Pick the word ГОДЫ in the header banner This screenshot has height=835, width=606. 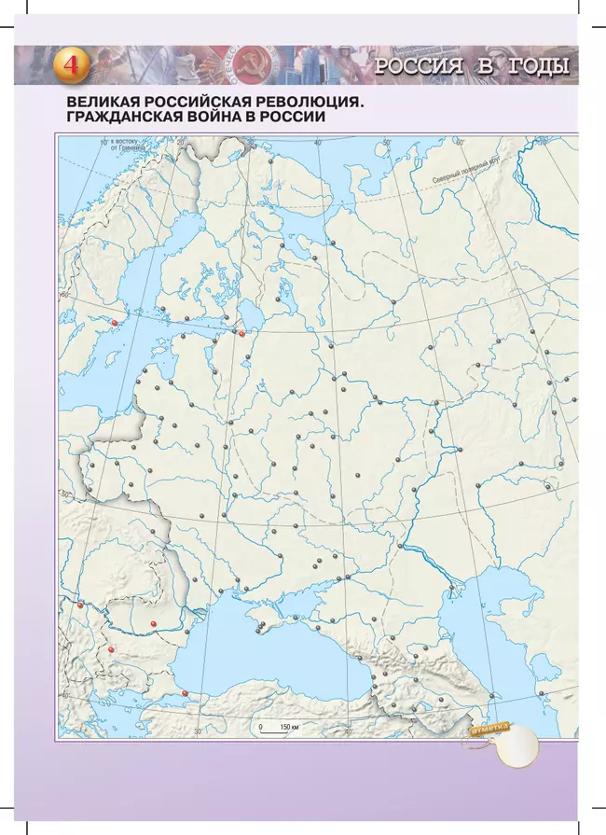pos(536,65)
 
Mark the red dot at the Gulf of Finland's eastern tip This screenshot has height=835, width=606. pos(241,333)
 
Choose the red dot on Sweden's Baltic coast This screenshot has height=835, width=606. pos(115,323)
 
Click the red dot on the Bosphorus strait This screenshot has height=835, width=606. pos(186,692)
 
